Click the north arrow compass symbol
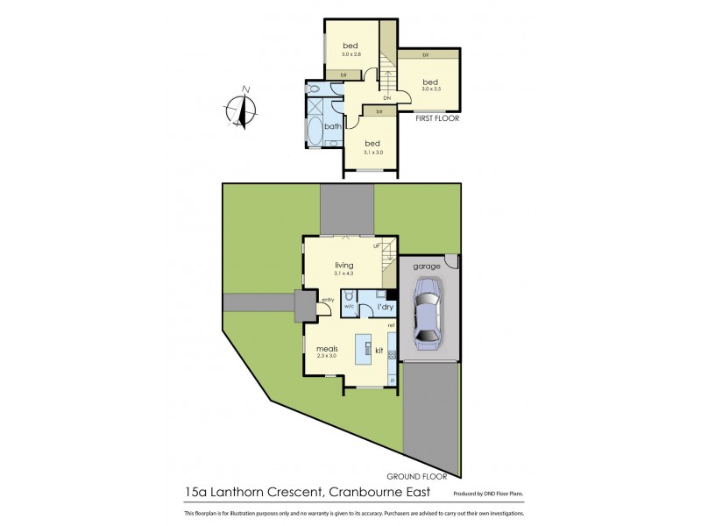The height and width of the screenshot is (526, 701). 241,109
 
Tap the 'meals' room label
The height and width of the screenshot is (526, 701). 327,348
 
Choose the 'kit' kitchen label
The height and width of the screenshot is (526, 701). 379,350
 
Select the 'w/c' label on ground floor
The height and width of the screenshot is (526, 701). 348,308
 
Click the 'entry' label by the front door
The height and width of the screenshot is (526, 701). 327,300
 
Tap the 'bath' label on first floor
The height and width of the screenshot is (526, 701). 332,126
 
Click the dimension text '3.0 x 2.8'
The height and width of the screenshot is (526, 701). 350,54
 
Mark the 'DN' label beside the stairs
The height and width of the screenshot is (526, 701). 386,98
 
